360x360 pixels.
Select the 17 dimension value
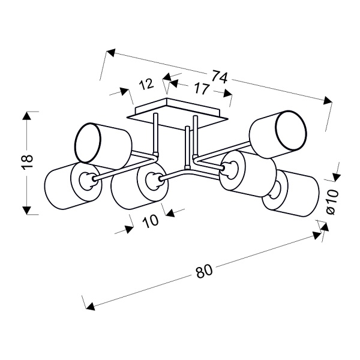[200, 89]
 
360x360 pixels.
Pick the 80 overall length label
[205, 271]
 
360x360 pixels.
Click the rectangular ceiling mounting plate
[180, 114]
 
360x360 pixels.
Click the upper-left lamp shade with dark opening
[102, 143]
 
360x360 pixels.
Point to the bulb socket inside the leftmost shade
[86, 180]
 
